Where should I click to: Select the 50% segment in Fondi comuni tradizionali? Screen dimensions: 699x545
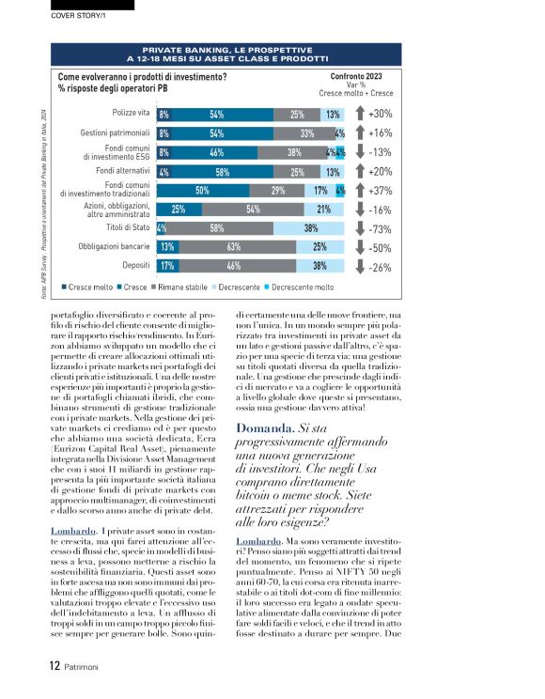202,191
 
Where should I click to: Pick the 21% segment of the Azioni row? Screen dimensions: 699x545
323,210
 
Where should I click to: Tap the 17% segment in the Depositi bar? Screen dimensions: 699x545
167,267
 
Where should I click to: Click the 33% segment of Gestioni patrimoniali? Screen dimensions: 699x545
306,133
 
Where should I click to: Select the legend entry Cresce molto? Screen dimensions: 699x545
90,286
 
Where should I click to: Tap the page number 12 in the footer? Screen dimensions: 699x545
54,666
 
